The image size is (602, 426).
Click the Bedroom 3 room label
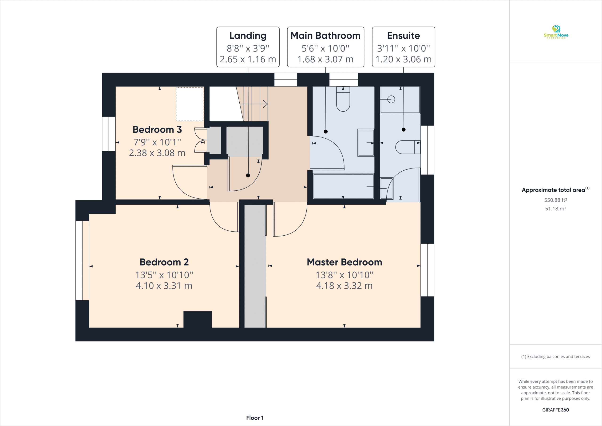[x=157, y=129]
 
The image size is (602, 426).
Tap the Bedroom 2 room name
[x=164, y=262]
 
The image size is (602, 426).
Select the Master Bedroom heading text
[x=344, y=262]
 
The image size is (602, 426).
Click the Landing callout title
[x=248, y=36]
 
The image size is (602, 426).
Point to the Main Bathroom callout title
[x=325, y=36]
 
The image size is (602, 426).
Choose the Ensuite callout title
[x=403, y=36]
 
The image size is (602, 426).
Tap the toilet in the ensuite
[x=408, y=147]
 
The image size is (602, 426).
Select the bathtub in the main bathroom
[x=344, y=186]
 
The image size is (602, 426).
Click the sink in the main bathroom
[x=366, y=143]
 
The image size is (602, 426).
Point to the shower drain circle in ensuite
[x=391, y=100]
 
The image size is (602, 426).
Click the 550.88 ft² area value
[x=555, y=200]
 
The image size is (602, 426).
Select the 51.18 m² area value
[x=555, y=209]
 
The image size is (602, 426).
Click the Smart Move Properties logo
[x=556, y=32]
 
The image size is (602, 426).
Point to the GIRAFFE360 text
[x=555, y=410]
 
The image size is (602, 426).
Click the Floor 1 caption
[x=255, y=418]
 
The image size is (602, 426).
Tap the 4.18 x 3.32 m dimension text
[x=344, y=285]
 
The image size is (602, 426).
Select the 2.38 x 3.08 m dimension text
[x=157, y=153]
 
